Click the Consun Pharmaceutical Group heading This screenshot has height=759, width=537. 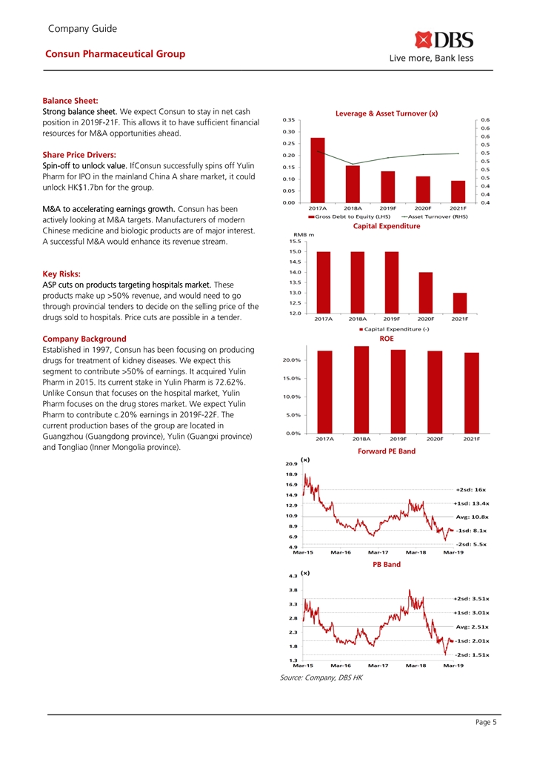point(115,54)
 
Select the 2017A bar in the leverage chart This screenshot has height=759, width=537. point(318,170)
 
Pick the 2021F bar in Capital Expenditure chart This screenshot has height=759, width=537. point(460,302)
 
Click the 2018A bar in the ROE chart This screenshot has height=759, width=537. point(361,390)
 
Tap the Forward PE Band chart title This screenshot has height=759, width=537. point(387,451)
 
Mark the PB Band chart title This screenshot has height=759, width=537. point(387,564)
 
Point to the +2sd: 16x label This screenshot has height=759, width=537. point(470,489)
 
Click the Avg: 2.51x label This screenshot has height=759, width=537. point(471,626)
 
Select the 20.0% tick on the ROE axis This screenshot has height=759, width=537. point(290,360)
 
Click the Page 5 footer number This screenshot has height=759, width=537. point(484,722)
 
